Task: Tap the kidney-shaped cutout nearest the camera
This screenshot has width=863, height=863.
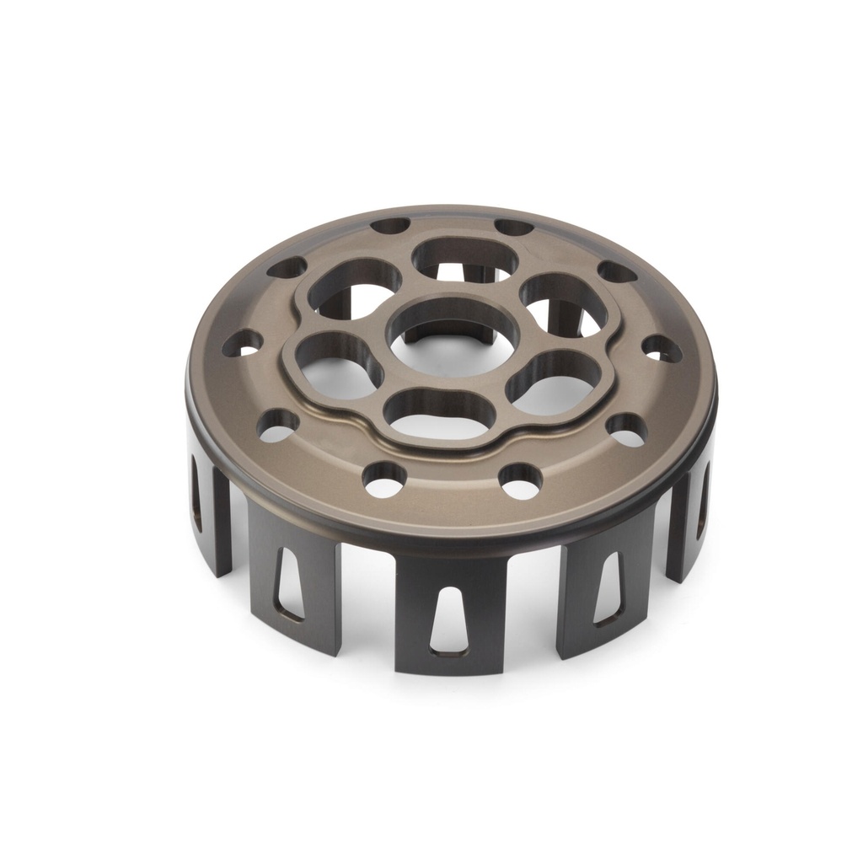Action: click(438, 413)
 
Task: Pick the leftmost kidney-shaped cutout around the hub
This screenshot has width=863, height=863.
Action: click(337, 367)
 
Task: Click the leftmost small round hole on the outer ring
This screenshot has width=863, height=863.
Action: click(242, 343)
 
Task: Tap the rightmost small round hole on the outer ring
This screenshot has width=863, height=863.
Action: click(662, 348)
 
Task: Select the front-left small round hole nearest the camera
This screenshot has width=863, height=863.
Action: click(384, 479)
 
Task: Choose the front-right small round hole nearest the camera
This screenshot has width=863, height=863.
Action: click(520, 480)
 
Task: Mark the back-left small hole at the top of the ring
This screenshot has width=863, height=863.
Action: click(390, 226)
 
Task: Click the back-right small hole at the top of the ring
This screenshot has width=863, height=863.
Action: click(513, 227)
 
